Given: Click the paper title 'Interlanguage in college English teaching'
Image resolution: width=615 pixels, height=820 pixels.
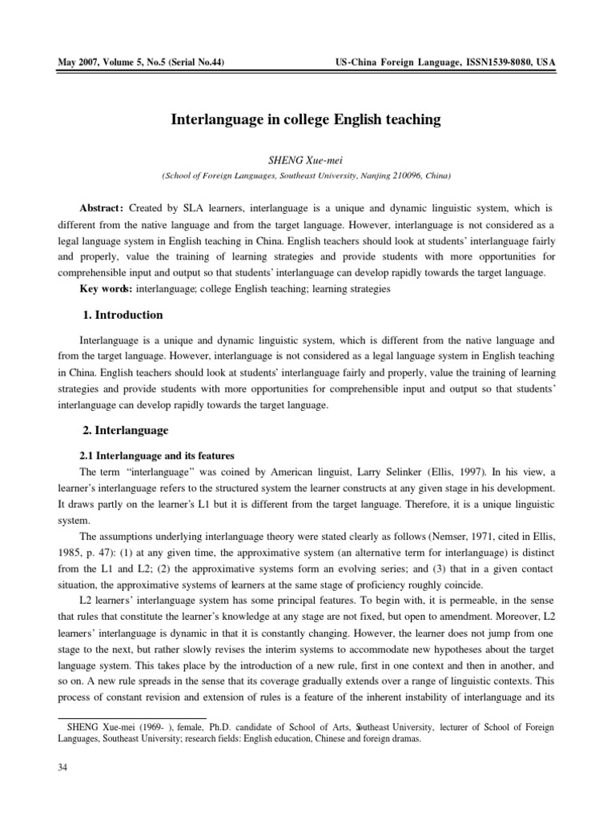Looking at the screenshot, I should [307, 119].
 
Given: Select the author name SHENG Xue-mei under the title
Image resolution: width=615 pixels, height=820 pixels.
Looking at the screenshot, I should [307, 159].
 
